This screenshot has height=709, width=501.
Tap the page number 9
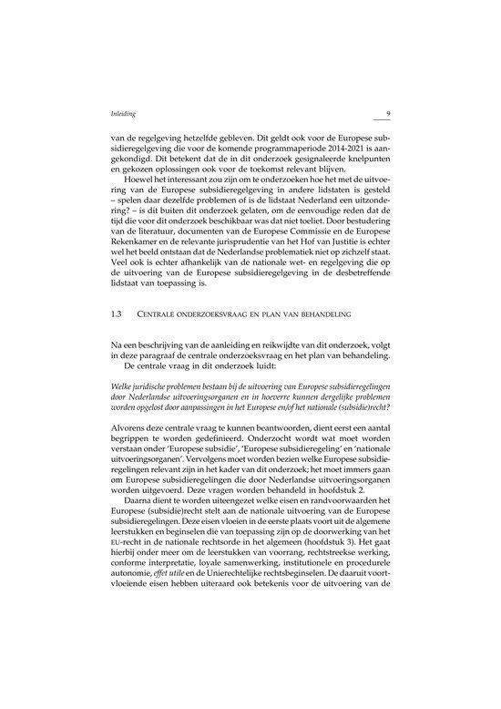pyautogui.click(x=388, y=114)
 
